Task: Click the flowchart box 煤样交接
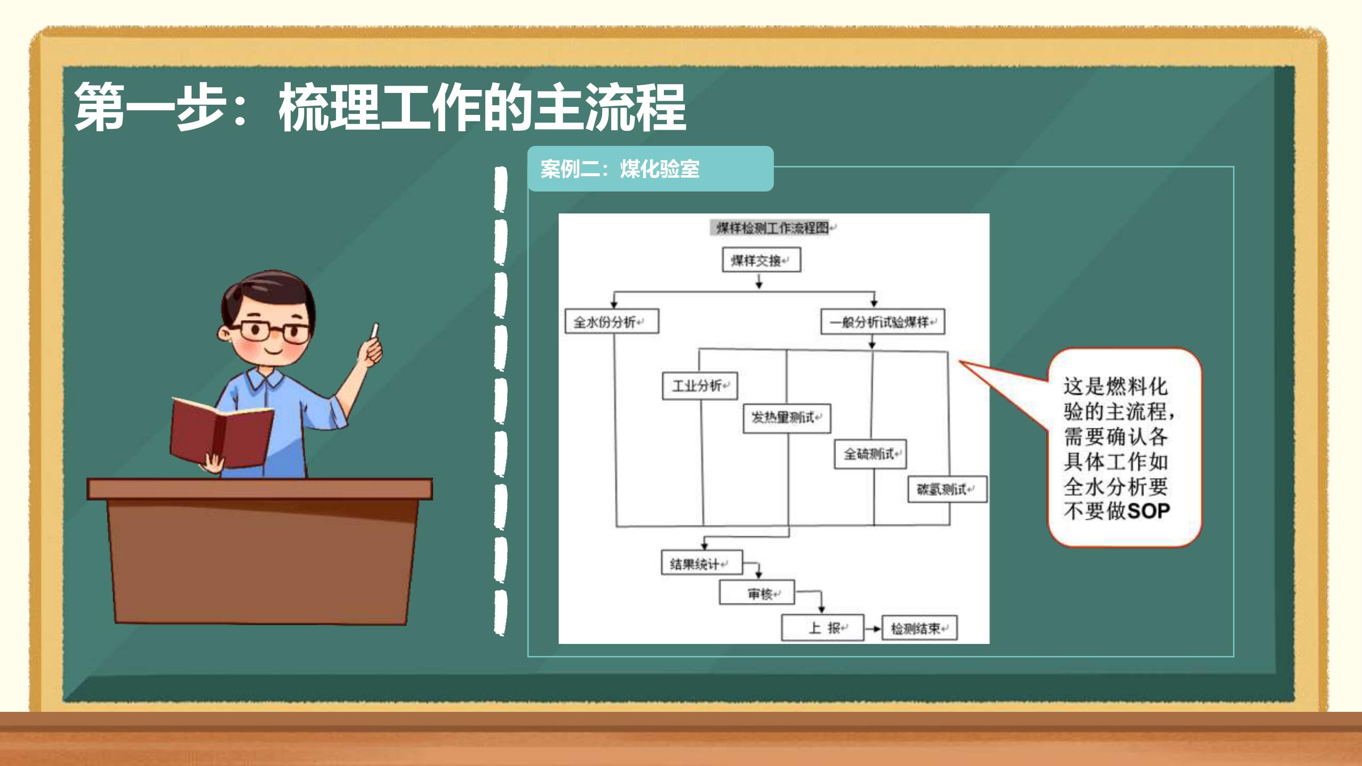[x=761, y=259]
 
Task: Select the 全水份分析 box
[x=612, y=321]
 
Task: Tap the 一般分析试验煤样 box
[x=882, y=321]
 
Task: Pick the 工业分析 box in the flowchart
[x=700, y=386]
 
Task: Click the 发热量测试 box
[x=787, y=418]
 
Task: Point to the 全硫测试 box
[x=870, y=454]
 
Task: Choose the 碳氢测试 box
[x=947, y=489]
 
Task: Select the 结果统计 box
[x=702, y=562]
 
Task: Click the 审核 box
[x=757, y=592]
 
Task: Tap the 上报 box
[x=822, y=628]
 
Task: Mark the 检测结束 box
[x=919, y=628]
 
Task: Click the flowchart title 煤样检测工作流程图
[x=772, y=228]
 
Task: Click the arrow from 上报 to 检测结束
[x=872, y=629]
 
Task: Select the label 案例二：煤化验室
[x=619, y=169]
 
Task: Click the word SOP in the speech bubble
[x=1148, y=511]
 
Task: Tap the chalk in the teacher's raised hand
[x=375, y=330]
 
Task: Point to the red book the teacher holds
[x=221, y=432]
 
